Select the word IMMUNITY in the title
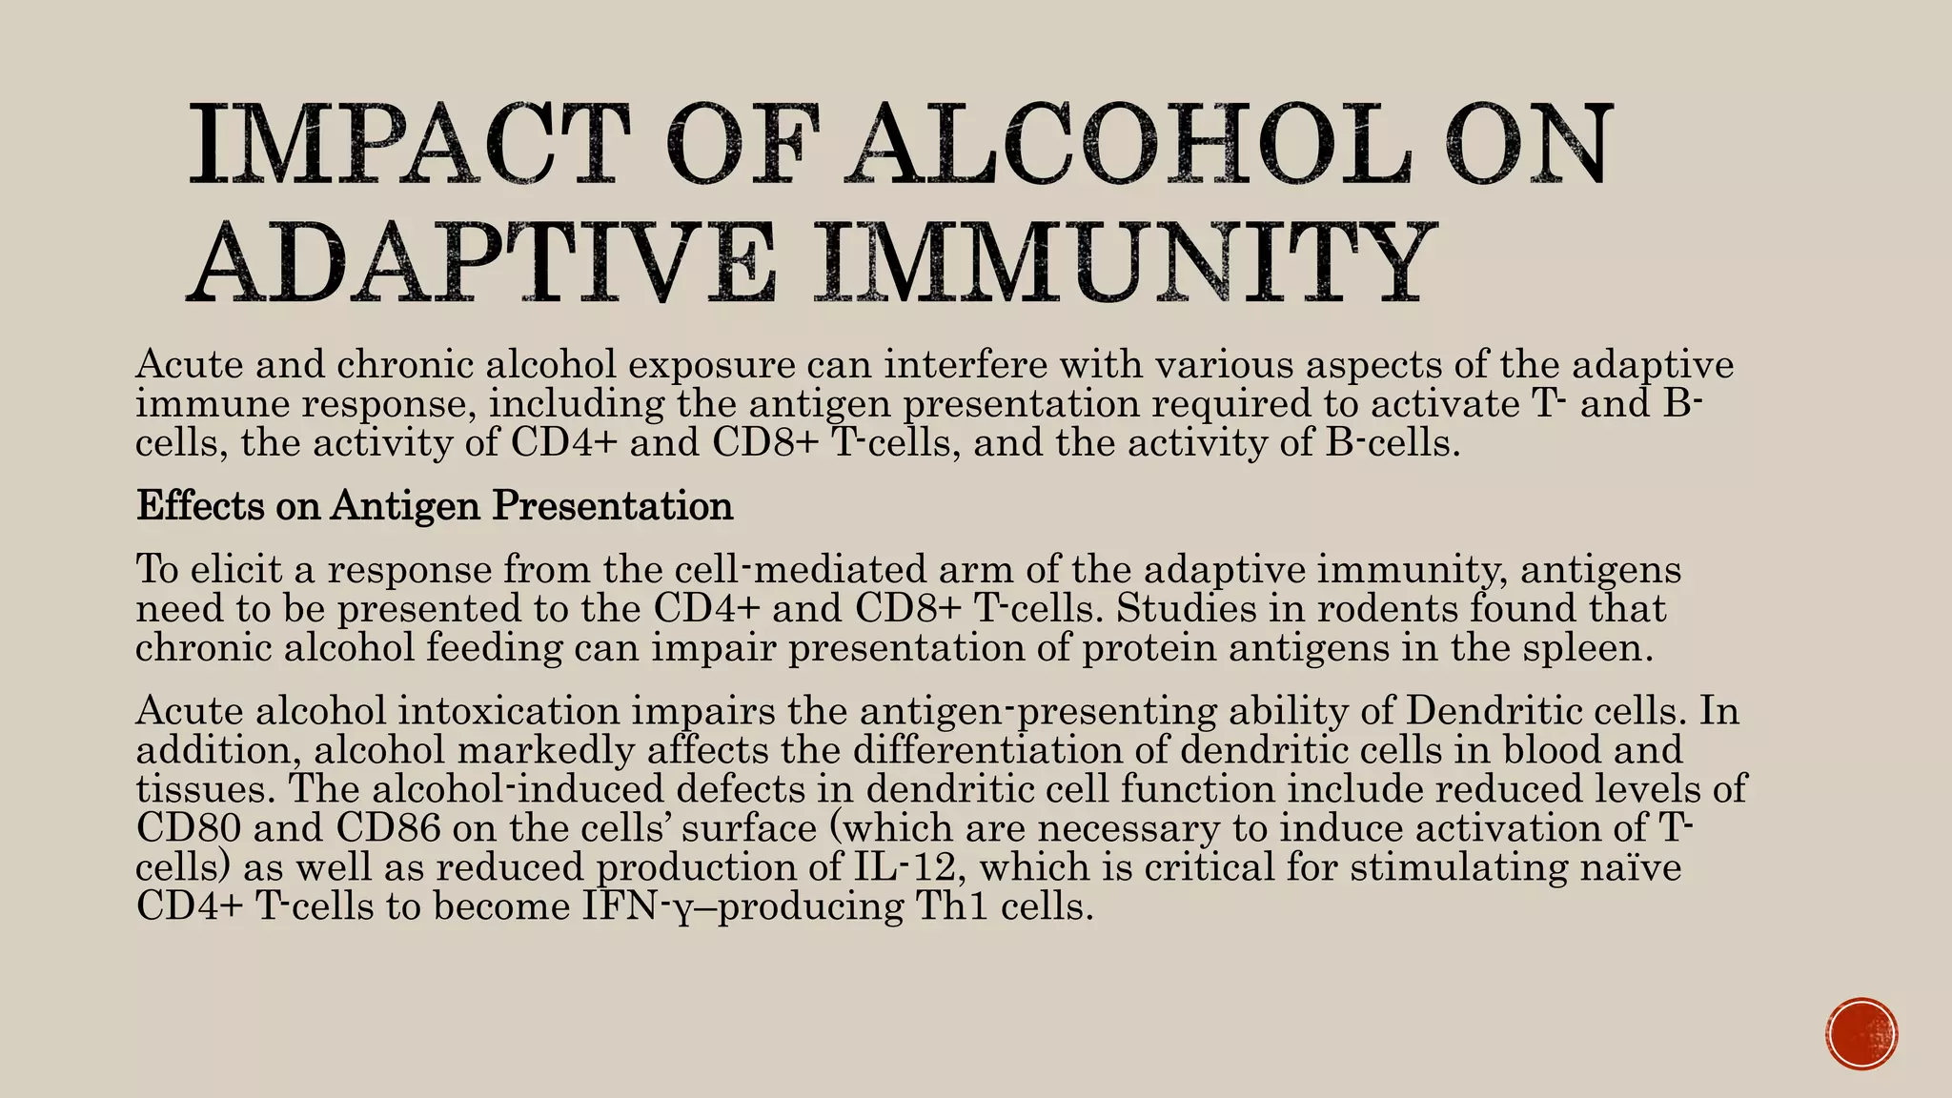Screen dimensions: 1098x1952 1126,262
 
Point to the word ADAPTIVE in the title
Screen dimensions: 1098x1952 481,262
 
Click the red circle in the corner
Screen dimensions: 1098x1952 1862,1034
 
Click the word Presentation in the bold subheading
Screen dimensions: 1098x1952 612,505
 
